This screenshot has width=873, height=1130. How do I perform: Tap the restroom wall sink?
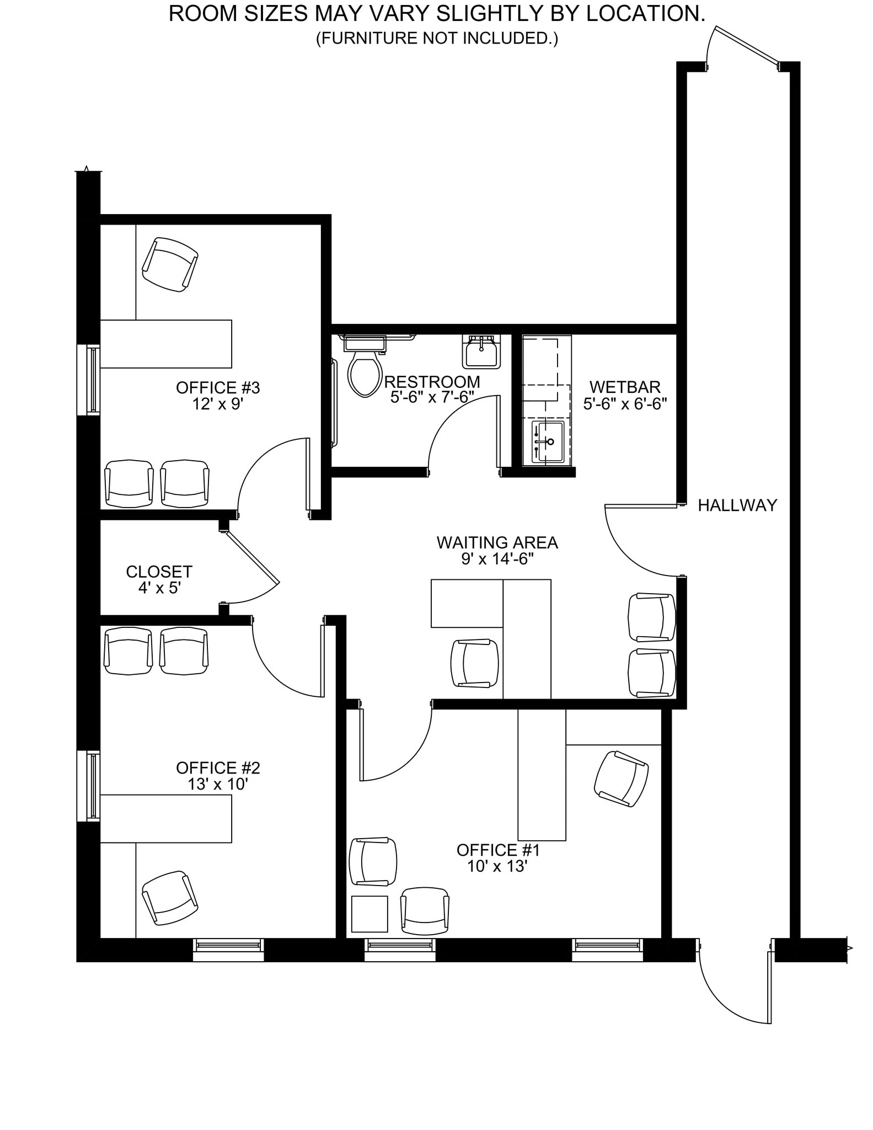481,353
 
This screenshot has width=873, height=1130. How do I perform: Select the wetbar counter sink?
548,442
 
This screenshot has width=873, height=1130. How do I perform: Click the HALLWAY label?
737,505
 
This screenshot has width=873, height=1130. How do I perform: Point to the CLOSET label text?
159,572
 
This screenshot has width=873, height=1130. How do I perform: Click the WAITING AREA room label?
497,543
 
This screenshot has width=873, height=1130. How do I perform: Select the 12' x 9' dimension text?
218,404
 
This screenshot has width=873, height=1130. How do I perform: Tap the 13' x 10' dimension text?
218,784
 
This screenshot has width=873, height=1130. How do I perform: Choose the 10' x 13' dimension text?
497,866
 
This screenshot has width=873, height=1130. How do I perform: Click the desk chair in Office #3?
170,264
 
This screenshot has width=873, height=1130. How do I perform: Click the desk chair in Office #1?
622,779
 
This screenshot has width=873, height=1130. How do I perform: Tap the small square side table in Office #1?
369,914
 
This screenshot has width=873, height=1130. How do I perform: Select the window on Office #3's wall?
89,380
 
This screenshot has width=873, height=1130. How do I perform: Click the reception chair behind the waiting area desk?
475,663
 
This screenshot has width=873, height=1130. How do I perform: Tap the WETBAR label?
625,387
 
